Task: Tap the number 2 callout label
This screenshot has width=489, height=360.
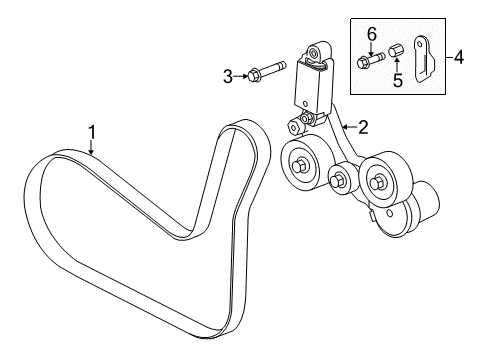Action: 363,127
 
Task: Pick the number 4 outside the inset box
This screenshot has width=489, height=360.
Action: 458,58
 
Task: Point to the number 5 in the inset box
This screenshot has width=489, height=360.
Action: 396,80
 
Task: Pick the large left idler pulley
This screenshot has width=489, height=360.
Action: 300,163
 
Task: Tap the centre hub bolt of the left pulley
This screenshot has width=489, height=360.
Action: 300,164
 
